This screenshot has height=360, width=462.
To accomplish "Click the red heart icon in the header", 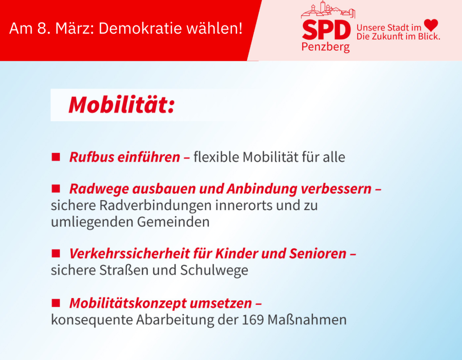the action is [x=431, y=25].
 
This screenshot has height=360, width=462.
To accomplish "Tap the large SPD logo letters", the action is [x=326, y=30].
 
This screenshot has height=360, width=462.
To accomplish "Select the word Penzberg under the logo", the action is [x=325, y=47].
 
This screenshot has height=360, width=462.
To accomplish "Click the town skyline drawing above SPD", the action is [x=328, y=10].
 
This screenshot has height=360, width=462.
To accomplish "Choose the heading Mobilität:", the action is [x=122, y=105].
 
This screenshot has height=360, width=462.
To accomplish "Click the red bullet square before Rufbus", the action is [x=56, y=157].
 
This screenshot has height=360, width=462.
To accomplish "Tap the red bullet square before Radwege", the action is [x=56, y=189].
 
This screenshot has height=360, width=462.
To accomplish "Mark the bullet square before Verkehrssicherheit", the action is [x=56, y=253].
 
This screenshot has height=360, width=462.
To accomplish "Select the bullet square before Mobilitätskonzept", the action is [x=56, y=303].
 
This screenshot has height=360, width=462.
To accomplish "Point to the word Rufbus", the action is [x=92, y=157].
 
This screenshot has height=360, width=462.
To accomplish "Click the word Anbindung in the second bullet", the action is [x=262, y=189].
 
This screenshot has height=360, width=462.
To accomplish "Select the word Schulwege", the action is [x=214, y=271].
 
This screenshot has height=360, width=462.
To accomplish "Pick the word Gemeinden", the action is [x=173, y=222].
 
